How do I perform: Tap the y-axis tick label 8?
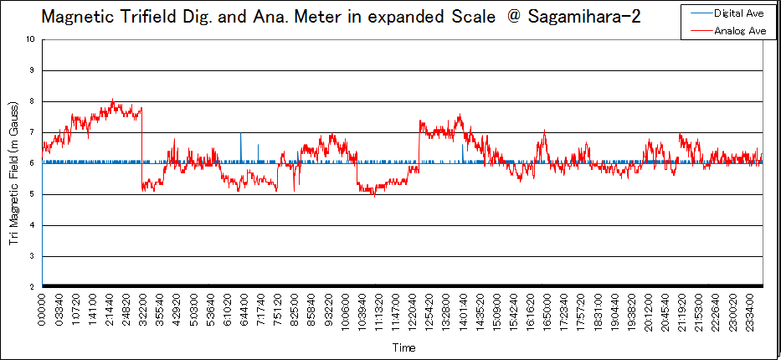pyautogui.click(x=32, y=101)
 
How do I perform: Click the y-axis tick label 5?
pyautogui.click(x=32, y=194)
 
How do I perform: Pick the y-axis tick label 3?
pyautogui.click(x=32, y=256)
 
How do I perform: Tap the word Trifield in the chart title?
pyautogui.click(x=137, y=17)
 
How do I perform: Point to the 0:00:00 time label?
pyautogui.click(x=43, y=311)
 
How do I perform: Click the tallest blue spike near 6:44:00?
pyautogui.click(x=241, y=134)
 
